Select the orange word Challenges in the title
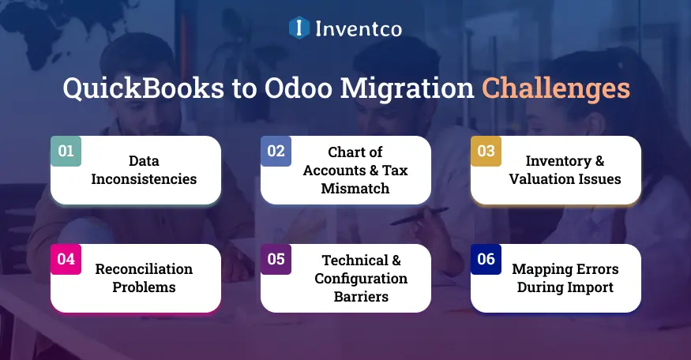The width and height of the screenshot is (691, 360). click(557, 88)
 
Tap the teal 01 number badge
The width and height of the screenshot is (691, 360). click(66, 151)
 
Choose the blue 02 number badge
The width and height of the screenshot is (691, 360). click(276, 151)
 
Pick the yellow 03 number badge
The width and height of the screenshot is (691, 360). click(486, 151)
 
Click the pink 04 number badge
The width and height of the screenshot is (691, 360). click(66, 259)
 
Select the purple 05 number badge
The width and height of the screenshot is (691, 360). click(276, 259)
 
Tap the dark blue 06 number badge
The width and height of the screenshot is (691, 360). click(486, 259)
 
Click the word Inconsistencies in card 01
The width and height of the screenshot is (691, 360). click(144, 179)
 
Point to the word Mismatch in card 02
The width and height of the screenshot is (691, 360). click(355, 188)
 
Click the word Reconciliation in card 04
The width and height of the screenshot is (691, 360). click(144, 269)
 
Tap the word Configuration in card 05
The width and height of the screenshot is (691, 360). click(361, 278)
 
